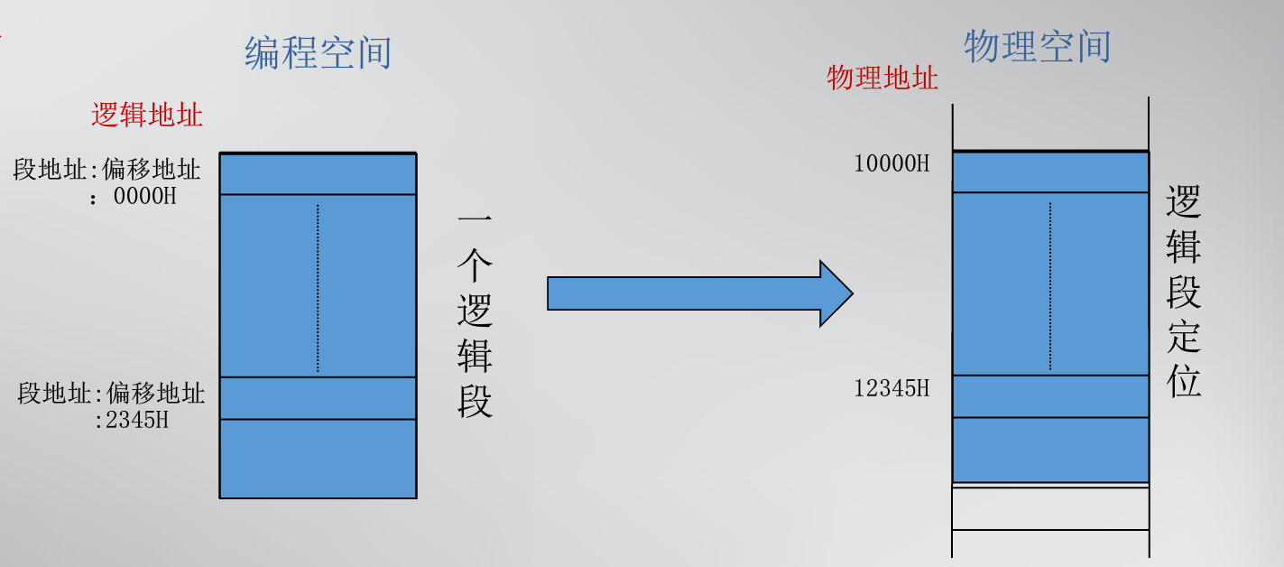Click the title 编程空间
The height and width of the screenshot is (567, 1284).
click(318, 53)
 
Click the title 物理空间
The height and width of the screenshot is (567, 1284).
click(1037, 46)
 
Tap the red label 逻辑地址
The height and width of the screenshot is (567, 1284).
click(146, 115)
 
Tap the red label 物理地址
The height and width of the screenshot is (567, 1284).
click(882, 78)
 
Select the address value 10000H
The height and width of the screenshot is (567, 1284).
click(891, 163)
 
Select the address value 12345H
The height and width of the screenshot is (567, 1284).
click(891, 389)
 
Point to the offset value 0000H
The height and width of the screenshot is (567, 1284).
click(144, 196)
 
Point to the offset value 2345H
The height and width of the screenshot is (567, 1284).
click(136, 420)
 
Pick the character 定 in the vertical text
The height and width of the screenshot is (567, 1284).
click(1183, 336)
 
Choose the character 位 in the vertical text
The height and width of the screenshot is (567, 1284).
click(1183, 381)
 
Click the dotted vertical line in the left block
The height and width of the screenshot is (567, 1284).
click(318, 287)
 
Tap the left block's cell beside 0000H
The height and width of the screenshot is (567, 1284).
click(318, 174)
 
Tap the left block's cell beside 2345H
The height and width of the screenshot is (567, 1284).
click(318, 398)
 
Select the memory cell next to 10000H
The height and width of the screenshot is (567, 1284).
click(1050, 172)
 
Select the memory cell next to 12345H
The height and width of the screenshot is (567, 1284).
click(1050, 396)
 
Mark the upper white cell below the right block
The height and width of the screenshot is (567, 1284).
click(1050, 508)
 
